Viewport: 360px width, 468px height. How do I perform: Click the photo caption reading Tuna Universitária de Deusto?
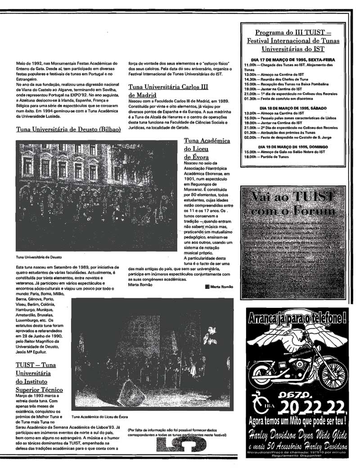[39, 257]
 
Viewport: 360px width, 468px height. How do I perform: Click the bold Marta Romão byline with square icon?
[219, 287]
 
